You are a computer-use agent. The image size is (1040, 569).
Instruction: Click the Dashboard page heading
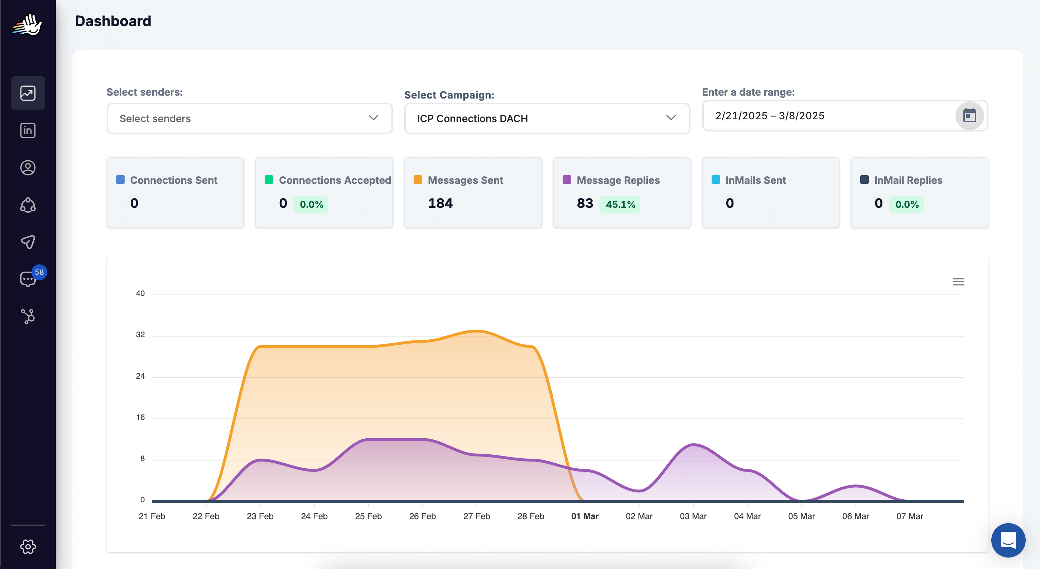point(113,21)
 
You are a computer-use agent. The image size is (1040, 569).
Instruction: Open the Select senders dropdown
point(250,118)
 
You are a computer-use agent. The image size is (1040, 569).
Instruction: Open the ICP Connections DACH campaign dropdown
point(547,118)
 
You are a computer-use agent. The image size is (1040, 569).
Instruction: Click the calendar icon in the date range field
point(969,115)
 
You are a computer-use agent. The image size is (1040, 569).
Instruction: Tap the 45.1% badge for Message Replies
point(620,204)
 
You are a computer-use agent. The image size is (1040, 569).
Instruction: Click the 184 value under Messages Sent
point(440,203)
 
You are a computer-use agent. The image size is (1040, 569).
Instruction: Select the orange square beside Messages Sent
point(418,180)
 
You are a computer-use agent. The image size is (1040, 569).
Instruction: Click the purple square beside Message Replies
point(567,180)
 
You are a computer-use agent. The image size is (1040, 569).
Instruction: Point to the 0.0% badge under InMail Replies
point(907,204)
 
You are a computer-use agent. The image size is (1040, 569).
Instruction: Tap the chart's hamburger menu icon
point(958,282)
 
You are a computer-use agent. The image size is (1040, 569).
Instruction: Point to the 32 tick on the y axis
point(140,334)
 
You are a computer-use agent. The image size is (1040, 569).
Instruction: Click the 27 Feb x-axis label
point(476,516)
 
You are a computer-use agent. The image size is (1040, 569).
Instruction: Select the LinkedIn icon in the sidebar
point(28,130)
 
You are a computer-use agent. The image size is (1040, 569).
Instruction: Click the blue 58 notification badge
point(39,272)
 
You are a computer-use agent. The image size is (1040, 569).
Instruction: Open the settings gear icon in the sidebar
point(28,547)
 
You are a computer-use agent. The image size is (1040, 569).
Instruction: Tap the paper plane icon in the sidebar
point(28,242)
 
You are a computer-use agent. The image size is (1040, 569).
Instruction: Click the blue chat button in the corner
point(1008,540)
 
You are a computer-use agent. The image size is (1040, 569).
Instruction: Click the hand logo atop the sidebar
point(27,25)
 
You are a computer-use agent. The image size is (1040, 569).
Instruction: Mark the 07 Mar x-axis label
point(910,516)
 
